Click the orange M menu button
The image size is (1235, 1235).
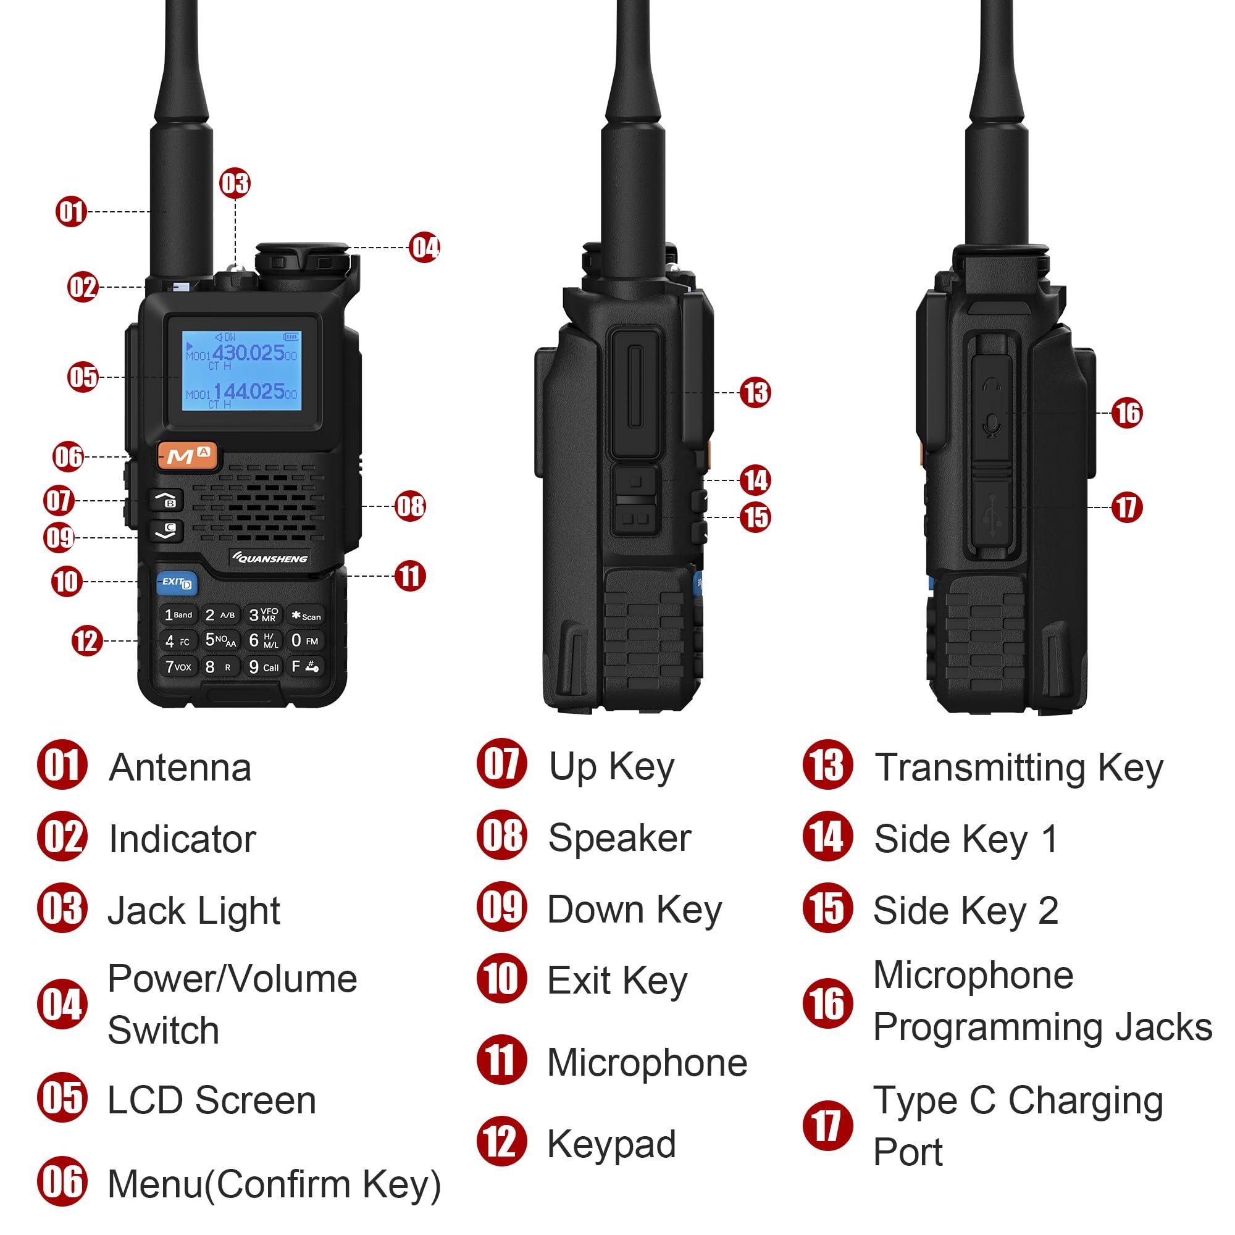pos(187,456)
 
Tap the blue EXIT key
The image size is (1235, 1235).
pos(177,582)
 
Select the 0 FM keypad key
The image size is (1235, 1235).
pos(305,640)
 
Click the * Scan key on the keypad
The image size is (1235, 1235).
pos(306,616)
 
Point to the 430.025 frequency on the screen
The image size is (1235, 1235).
pos(248,353)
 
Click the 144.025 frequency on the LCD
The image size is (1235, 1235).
pos(249,391)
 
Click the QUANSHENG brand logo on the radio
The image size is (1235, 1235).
pos(270,558)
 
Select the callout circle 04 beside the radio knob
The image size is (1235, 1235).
pos(425,248)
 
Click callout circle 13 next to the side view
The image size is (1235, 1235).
pos(755,393)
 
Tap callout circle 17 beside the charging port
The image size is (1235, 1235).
pos(1126,508)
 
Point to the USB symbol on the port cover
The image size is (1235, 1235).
pos(992,515)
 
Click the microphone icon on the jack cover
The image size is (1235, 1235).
pos(992,425)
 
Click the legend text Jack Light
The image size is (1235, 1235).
pos(194,910)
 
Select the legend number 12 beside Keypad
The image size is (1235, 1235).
pos(502,1142)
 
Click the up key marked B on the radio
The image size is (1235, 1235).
pos(166,500)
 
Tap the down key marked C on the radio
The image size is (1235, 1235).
pos(166,530)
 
